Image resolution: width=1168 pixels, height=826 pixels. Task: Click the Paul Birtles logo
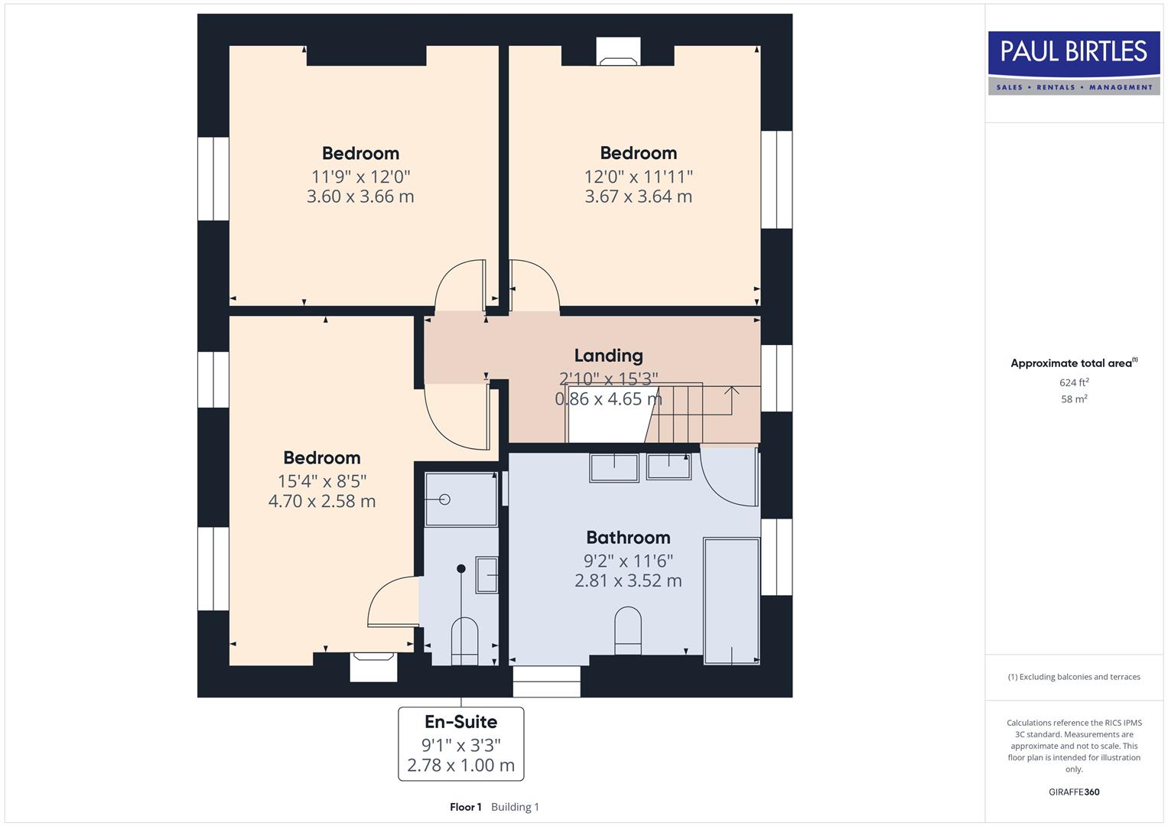tap(1074, 63)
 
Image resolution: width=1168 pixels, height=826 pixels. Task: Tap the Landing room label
tap(608, 356)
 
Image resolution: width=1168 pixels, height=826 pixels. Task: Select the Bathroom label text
tap(628, 538)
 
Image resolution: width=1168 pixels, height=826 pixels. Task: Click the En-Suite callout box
tap(461, 743)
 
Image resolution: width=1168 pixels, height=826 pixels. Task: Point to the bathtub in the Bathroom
tap(731, 600)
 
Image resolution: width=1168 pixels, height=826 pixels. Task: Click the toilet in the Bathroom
tap(628, 631)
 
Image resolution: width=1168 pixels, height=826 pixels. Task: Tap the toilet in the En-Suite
tap(465, 641)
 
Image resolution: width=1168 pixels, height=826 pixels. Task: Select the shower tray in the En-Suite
tap(461, 499)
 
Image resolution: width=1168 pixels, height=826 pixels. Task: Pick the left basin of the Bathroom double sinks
tap(613, 467)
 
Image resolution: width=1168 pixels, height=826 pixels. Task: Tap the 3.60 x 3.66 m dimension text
tap(360, 197)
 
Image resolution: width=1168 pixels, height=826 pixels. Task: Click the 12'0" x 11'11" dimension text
tap(638, 177)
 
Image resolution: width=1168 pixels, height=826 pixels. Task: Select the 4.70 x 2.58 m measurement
tap(322, 502)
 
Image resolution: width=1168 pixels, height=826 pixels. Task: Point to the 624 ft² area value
tap(1074, 382)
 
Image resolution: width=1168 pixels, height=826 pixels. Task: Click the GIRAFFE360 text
tap(1074, 792)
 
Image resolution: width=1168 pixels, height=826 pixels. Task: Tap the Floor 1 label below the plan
tap(465, 807)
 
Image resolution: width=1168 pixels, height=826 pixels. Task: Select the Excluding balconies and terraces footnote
tap(1074, 677)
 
